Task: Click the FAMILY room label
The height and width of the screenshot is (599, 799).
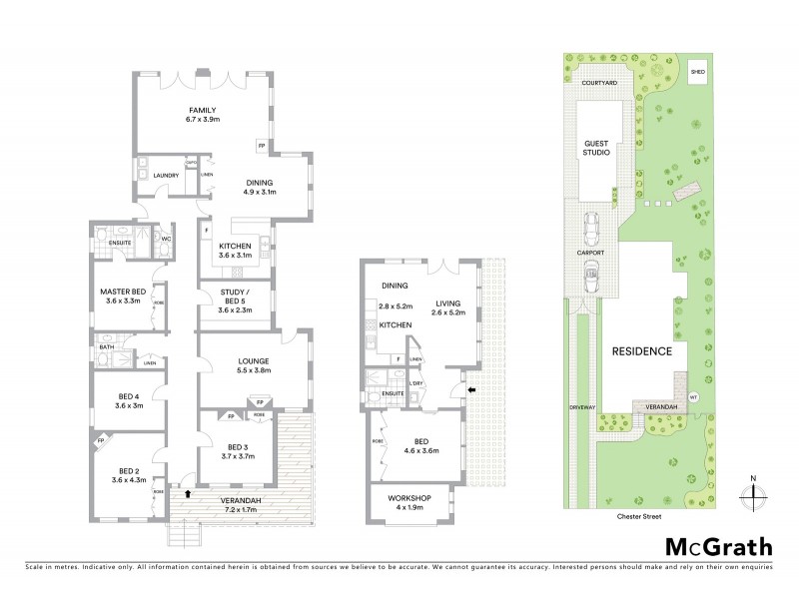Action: tap(203, 110)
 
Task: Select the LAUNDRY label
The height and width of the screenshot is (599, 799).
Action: tap(165, 176)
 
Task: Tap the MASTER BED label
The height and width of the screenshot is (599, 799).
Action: tap(124, 292)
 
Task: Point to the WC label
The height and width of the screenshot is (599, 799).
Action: tap(167, 239)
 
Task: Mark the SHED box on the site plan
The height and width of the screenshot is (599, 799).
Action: tap(697, 72)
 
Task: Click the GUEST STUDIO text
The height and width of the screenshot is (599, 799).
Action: tap(596, 149)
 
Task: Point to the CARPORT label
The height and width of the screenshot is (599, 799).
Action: tap(590, 254)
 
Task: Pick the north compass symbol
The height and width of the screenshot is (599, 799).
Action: tap(755, 491)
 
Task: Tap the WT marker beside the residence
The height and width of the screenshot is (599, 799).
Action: tap(693, 395)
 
